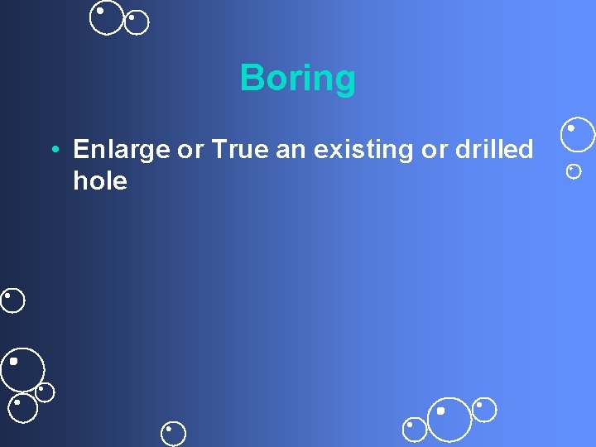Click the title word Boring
[298, 79]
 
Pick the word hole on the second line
[100, 180]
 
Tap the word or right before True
[190, 151]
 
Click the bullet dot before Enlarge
[53, 151]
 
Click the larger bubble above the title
[107, 17]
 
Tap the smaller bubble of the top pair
[137, 22]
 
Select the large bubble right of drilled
[577, 135]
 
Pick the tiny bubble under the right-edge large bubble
[573, 171]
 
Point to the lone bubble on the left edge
[12, 300]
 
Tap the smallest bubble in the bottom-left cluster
[45, 392]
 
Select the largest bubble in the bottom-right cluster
[449, 419]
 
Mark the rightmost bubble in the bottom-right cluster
[484, 409]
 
